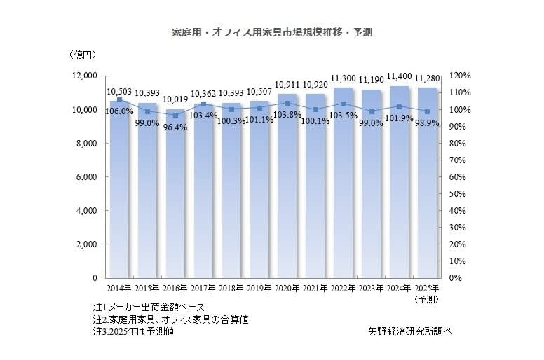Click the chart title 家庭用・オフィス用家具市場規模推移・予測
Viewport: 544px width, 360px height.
point(272,33)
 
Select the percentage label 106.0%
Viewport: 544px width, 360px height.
point(120,111)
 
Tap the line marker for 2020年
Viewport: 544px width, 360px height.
point(287,103)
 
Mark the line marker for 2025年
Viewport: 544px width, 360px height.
point(427,111)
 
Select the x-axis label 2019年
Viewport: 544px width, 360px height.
point(259,289)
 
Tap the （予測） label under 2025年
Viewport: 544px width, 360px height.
point(427,299)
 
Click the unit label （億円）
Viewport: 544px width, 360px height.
point(83,55)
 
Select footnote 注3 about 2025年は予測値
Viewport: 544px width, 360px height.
point(133,331)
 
